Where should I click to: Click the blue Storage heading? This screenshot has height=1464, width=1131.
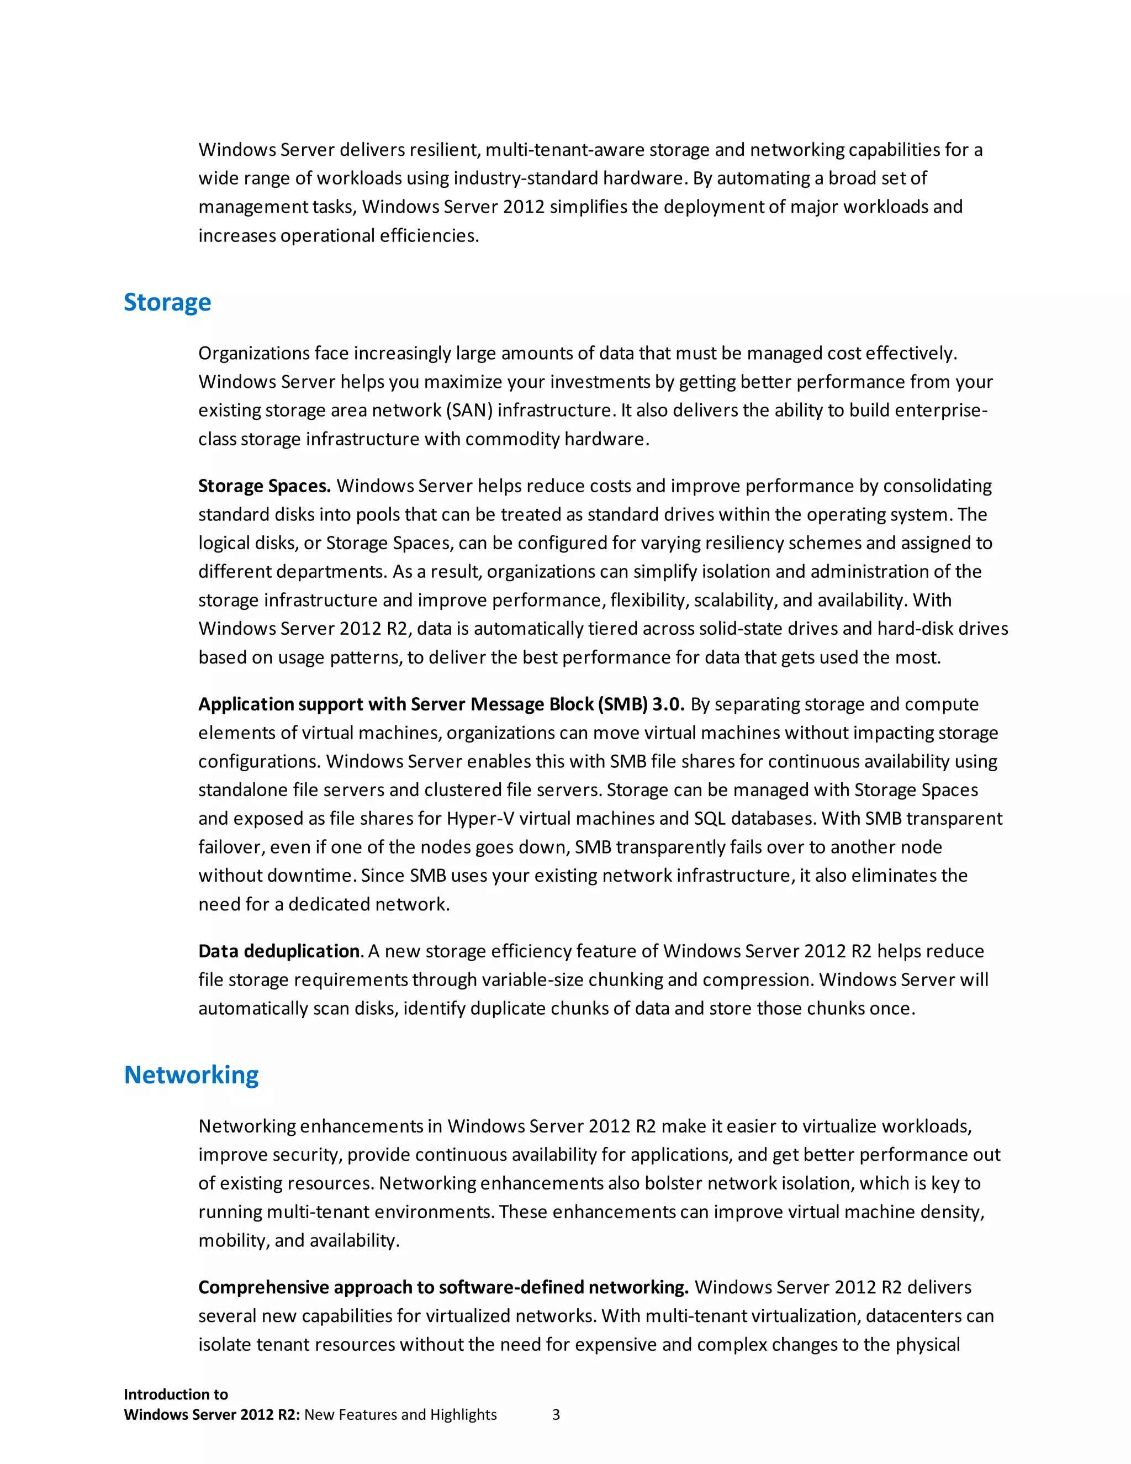167,303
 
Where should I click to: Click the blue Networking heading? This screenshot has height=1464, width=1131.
192,1075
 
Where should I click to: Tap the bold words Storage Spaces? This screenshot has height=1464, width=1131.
264,486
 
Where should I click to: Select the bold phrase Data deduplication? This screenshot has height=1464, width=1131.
279,951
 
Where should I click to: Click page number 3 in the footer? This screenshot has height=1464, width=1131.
556,1415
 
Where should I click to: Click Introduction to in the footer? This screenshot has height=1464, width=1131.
176,1394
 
